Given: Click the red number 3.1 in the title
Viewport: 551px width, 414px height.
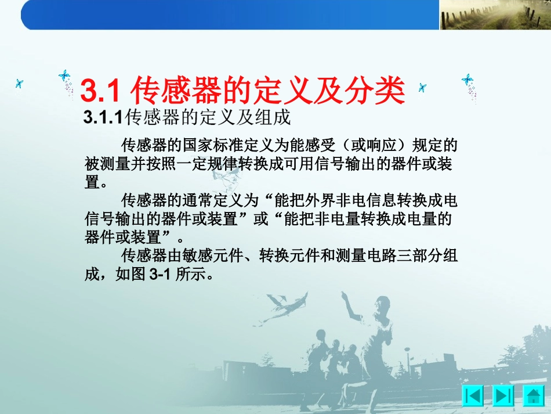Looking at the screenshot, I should pyautogui.click(x=100, y=91).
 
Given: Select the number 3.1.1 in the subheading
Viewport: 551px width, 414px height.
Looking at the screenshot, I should pyautogui.click(x=103, y=118).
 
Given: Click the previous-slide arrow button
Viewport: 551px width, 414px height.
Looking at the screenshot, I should pyautogui.click(x=473, y=395).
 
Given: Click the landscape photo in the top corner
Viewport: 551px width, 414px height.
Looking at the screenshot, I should pyautogui.click(x=494, y=15).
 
